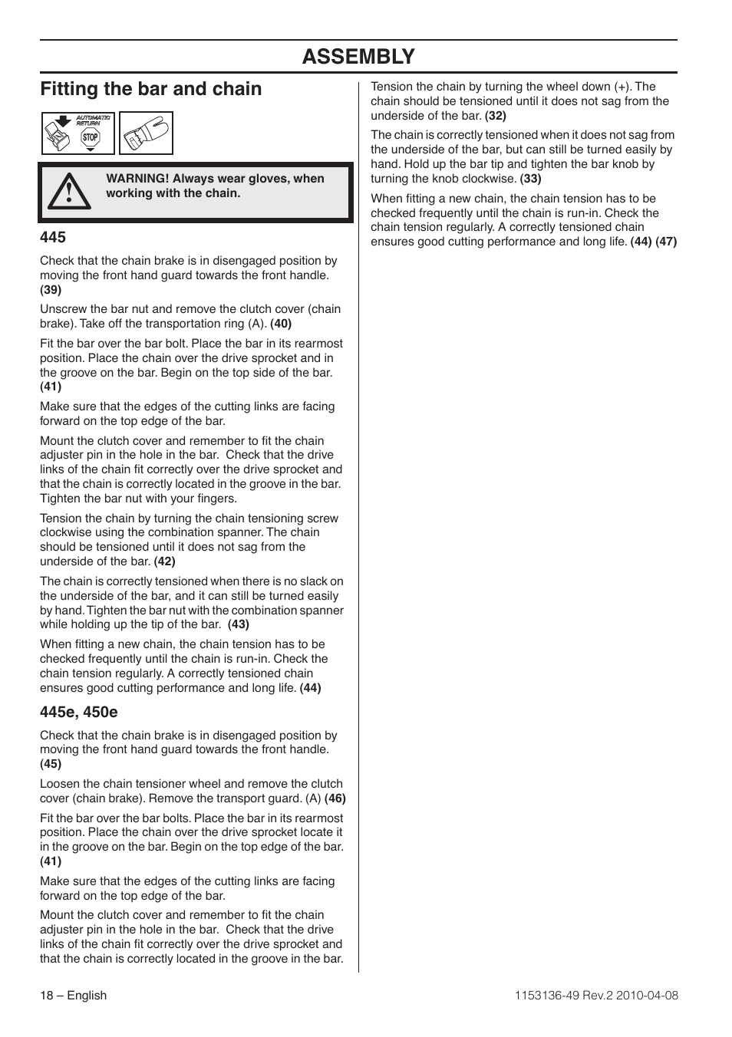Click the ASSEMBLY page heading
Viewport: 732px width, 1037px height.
coord(358,57)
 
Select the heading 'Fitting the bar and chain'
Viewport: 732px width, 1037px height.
coord(151,89)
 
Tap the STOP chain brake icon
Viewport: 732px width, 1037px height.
coord(91,137)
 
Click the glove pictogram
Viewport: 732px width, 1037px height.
coord(146,133)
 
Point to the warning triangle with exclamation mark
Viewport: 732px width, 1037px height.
coord(68,191)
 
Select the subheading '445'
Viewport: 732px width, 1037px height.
coord(53,237)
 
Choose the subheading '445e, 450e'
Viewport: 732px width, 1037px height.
coord(79,712)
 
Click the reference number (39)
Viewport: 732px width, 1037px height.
coord(51,290)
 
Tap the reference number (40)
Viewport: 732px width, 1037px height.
coord(281,324)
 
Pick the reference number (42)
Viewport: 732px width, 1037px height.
coord(164,561)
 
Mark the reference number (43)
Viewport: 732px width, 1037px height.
coord(238,624)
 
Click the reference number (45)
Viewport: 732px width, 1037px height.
coord(51,764)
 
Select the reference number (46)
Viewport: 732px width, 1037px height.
coord(335,798)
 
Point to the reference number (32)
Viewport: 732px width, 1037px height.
coord(496,116)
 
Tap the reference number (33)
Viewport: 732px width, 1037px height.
coord(530,179)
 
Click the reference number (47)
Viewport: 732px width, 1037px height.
coord(666,242)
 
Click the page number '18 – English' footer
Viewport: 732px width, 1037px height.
coord(74,996)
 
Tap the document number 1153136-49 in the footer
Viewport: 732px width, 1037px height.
coord(541,996)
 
